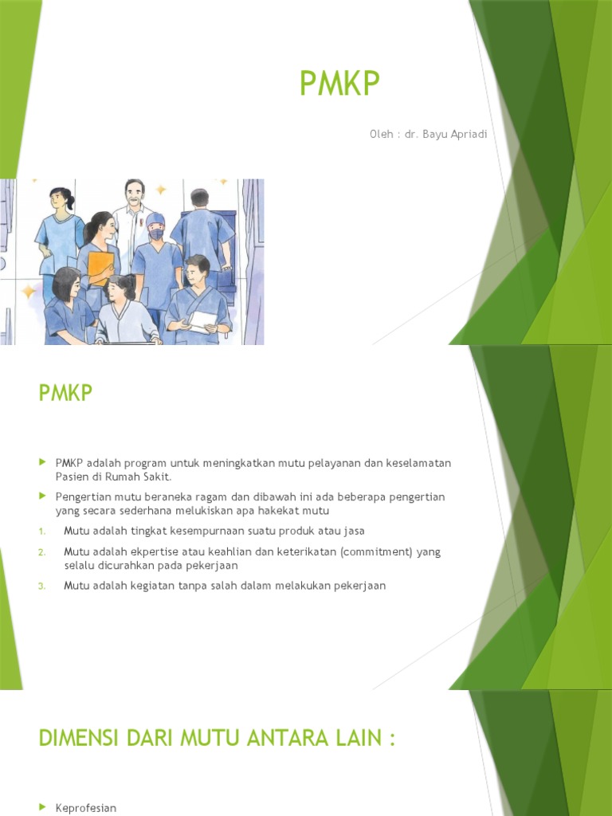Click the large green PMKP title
pos(340,84)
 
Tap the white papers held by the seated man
pos(202,322)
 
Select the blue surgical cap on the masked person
pos(155,220)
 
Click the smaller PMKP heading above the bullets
pos(65,394)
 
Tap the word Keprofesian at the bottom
pos(86,808)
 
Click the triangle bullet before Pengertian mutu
pos(42,496)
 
